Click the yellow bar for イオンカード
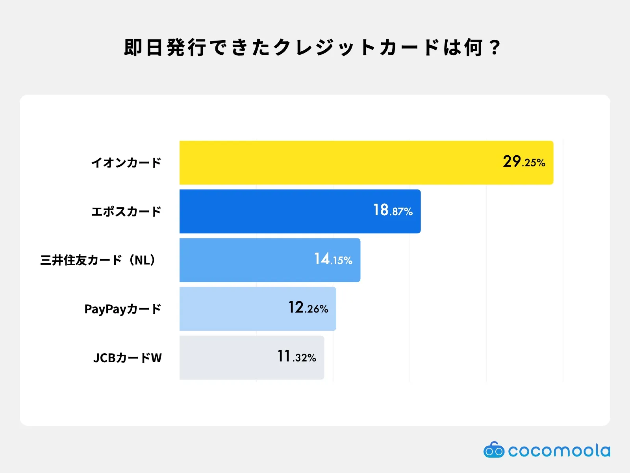pos(339,162)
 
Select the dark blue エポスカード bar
pos(276,211)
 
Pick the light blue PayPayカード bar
pos(232,309)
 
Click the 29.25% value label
pos(524,162)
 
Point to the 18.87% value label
pos(393,210)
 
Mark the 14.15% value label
pos(333,259)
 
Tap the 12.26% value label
pos(308,308)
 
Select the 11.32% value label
pos(296,357)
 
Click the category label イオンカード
pos(126,162)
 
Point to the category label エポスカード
pos(126,211)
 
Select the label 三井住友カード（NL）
pos(98,260)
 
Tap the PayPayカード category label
pos(123,309)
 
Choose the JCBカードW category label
pos(127,358)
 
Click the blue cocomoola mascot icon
pos(494,450)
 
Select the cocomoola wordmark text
pos(559,451)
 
